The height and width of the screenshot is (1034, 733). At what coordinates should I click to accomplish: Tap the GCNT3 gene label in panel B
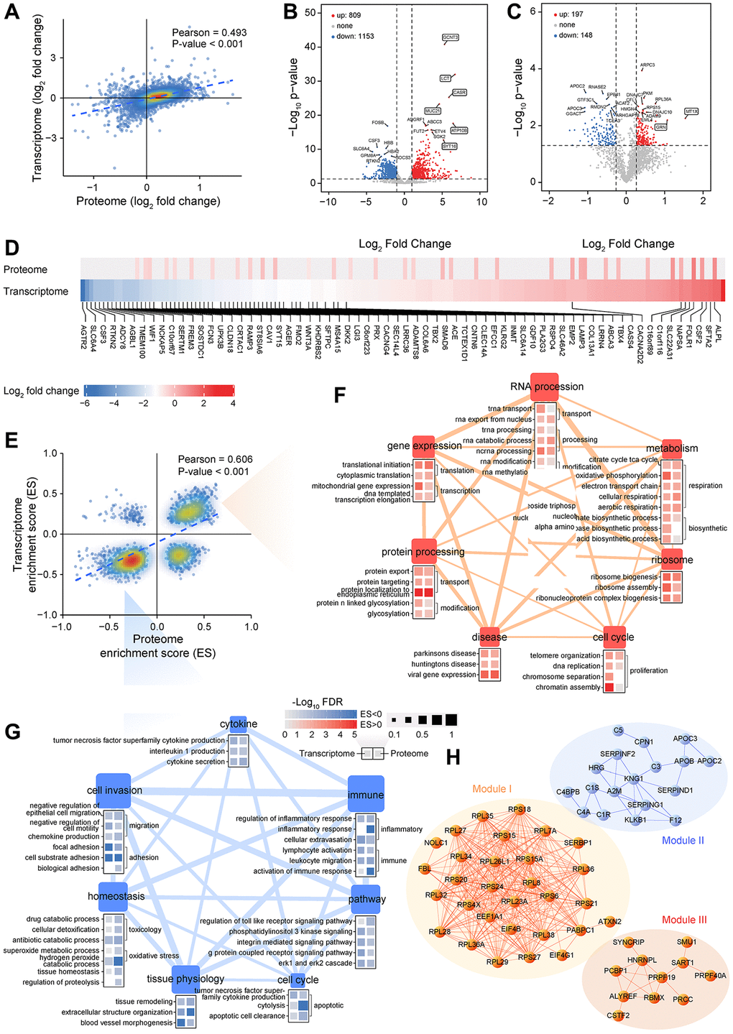tap(451, 37)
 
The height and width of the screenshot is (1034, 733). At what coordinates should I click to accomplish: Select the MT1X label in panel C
tap(691, 112)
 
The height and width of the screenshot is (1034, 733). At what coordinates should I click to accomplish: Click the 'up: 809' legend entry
tap(349, 14)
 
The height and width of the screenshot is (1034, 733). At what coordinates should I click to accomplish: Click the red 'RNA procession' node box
tap(545, 384)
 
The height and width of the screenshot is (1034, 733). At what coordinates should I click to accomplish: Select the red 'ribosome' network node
tap(673, 560)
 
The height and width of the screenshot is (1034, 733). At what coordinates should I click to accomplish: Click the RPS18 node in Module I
tap(518, 810)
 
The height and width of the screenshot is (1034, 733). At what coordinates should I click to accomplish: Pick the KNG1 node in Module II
tap(632, 778)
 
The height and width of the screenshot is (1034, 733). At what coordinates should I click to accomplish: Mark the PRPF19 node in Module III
tap(661, 977)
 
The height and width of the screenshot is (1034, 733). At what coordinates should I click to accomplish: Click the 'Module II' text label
tap(683, 840)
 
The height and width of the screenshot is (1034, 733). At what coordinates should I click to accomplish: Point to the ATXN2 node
tap(609, 922)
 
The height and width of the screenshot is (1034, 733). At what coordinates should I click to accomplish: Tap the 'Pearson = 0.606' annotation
tap(215, 460)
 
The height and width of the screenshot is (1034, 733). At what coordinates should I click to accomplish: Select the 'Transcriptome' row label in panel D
tap(36, 291)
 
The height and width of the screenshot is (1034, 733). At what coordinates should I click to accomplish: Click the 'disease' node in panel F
tap(489, 637)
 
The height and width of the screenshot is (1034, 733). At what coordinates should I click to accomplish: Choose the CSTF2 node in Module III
tap(617, 1015)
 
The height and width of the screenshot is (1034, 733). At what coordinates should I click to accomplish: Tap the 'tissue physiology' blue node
tap(185, 978)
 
